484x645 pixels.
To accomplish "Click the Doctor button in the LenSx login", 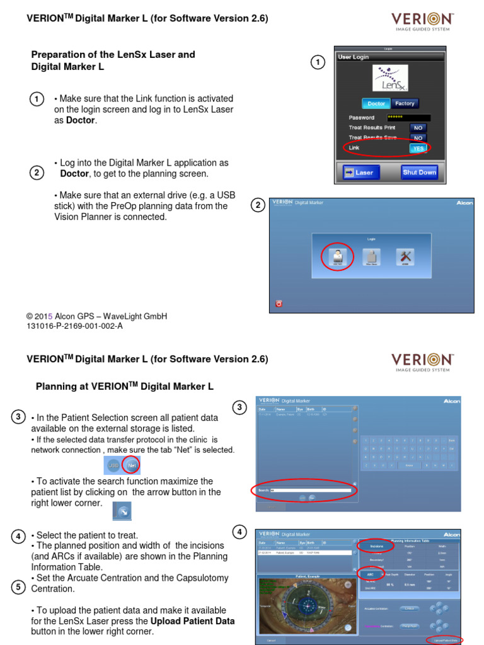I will tap(376, 103).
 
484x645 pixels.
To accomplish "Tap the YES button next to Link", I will tap(417, 148).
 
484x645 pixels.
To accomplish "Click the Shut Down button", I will tap(419, 172).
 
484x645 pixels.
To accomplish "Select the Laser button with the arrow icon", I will tap(359, 172).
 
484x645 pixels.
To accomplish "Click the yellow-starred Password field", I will tap(408, 117).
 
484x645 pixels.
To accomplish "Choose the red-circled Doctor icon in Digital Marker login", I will tap(337, 256).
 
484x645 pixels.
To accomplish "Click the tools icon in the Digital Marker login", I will tap(405, 256).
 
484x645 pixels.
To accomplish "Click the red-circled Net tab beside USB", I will tap(132, 465).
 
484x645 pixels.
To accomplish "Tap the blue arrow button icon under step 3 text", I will tap(122, 511).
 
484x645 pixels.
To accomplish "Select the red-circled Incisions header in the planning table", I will tap(377, 546).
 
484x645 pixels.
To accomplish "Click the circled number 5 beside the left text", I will tap(19, 587).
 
